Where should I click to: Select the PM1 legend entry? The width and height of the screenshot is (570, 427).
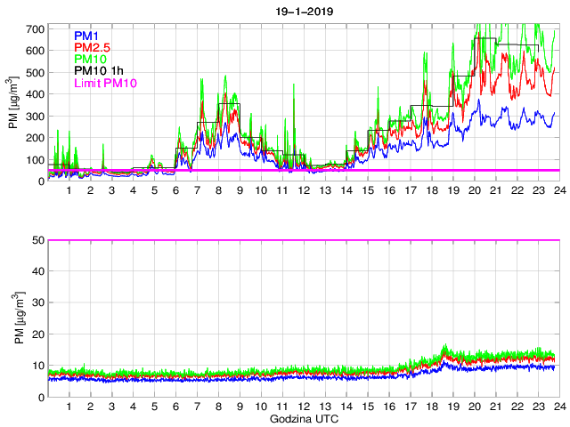(87, 36)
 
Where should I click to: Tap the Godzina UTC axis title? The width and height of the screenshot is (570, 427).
(303, 418)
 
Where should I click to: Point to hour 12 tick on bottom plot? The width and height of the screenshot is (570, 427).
(304, 407)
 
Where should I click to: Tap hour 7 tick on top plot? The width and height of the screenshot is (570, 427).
(197, 191)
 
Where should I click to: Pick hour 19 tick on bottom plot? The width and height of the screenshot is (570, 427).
(452, 407)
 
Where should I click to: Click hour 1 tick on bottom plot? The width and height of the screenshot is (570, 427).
(69, 407)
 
